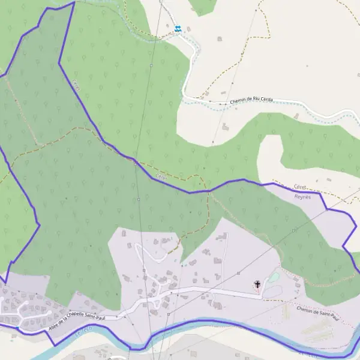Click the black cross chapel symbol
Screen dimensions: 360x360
point(258,284)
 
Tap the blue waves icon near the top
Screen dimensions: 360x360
point(178,28)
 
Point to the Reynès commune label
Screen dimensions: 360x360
point(303,196)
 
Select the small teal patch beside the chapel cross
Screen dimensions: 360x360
point(274,277)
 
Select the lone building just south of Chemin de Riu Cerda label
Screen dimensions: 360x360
point(225,127)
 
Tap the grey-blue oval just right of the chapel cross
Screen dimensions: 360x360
point(271,291)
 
